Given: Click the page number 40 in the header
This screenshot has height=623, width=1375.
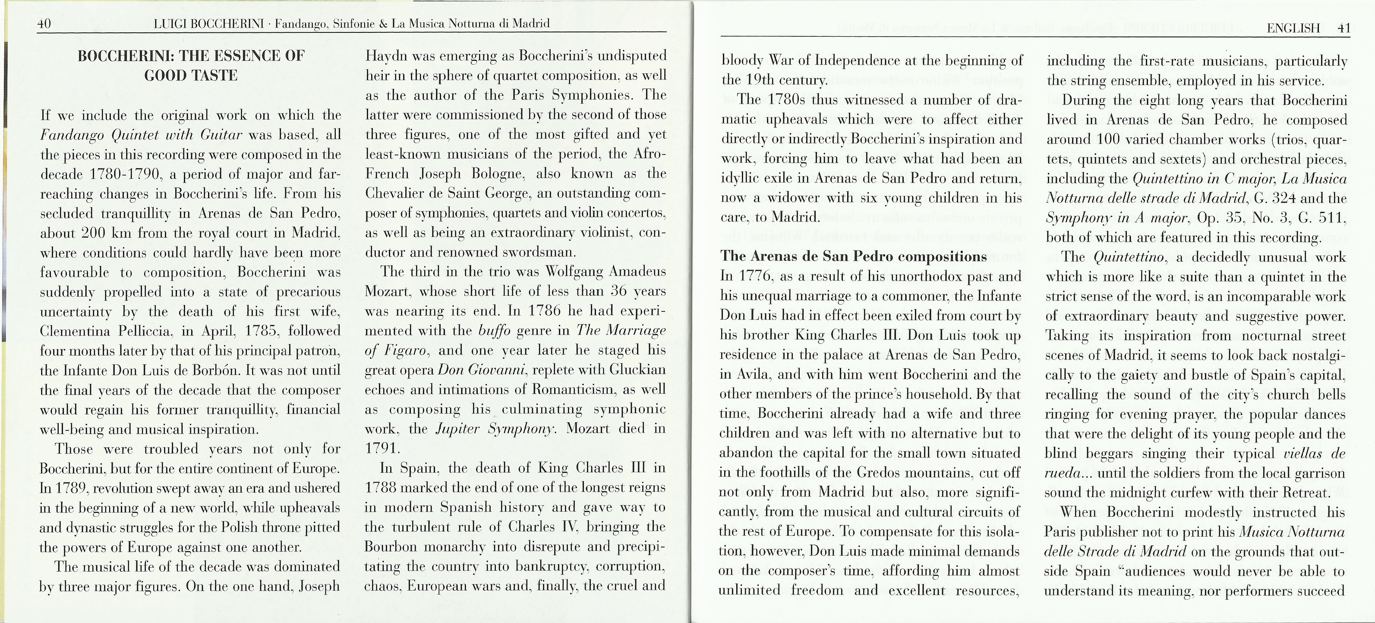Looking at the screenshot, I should coord(44,24).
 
